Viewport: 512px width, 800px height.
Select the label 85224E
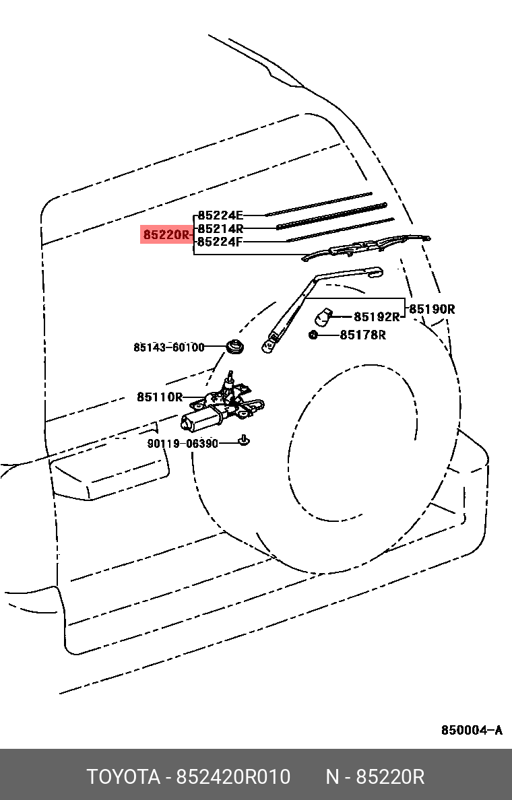tap(220, 215)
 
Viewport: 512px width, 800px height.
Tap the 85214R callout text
tap(220, 228)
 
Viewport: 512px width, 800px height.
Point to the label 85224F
tap(220, 242)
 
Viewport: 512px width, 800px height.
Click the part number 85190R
tap(433, 309)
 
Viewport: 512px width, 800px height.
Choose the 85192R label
tap(377, 317)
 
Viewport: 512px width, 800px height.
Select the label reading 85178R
tap(363, 335)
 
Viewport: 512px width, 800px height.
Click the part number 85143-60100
tap(169, 347)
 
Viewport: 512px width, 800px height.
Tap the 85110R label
tap(159, 397)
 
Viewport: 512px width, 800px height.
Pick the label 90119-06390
tap(183, 444)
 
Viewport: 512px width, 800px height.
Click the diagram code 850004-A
tap(472, 730)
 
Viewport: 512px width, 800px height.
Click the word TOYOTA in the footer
tap(123, 777)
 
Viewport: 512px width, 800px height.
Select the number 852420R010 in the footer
tap(233, 777)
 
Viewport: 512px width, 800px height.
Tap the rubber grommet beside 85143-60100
tap(235, 346)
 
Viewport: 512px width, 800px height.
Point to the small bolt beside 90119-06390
tap(245, 440)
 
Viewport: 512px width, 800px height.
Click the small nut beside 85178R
tap(313, 335)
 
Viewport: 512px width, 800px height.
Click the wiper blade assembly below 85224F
tap(366, 247)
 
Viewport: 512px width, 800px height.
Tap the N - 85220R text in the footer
tap(375, 777)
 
